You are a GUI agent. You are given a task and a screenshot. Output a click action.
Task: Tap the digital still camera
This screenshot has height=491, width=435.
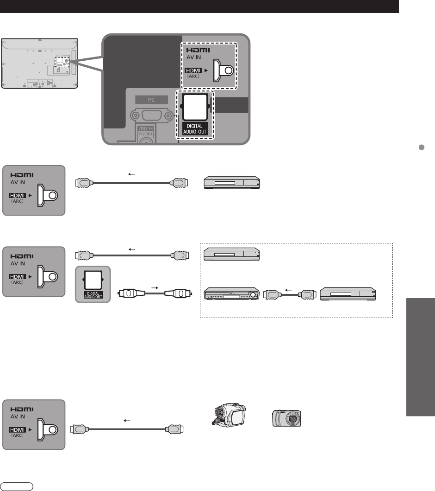[287, 419]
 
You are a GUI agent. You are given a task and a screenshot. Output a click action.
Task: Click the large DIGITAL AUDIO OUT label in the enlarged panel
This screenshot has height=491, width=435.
[194, 128]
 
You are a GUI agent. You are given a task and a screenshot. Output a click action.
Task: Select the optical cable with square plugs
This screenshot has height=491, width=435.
[152, 293]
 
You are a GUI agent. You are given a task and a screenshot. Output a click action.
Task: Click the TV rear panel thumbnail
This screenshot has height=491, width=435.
[39, 63]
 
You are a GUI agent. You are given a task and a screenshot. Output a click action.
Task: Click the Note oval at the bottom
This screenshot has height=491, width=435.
[17, 487]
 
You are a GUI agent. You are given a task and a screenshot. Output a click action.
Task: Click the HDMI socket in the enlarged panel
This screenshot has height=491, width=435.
[222, 70]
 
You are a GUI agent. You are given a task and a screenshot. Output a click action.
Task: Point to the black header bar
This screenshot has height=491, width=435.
[199, 6]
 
